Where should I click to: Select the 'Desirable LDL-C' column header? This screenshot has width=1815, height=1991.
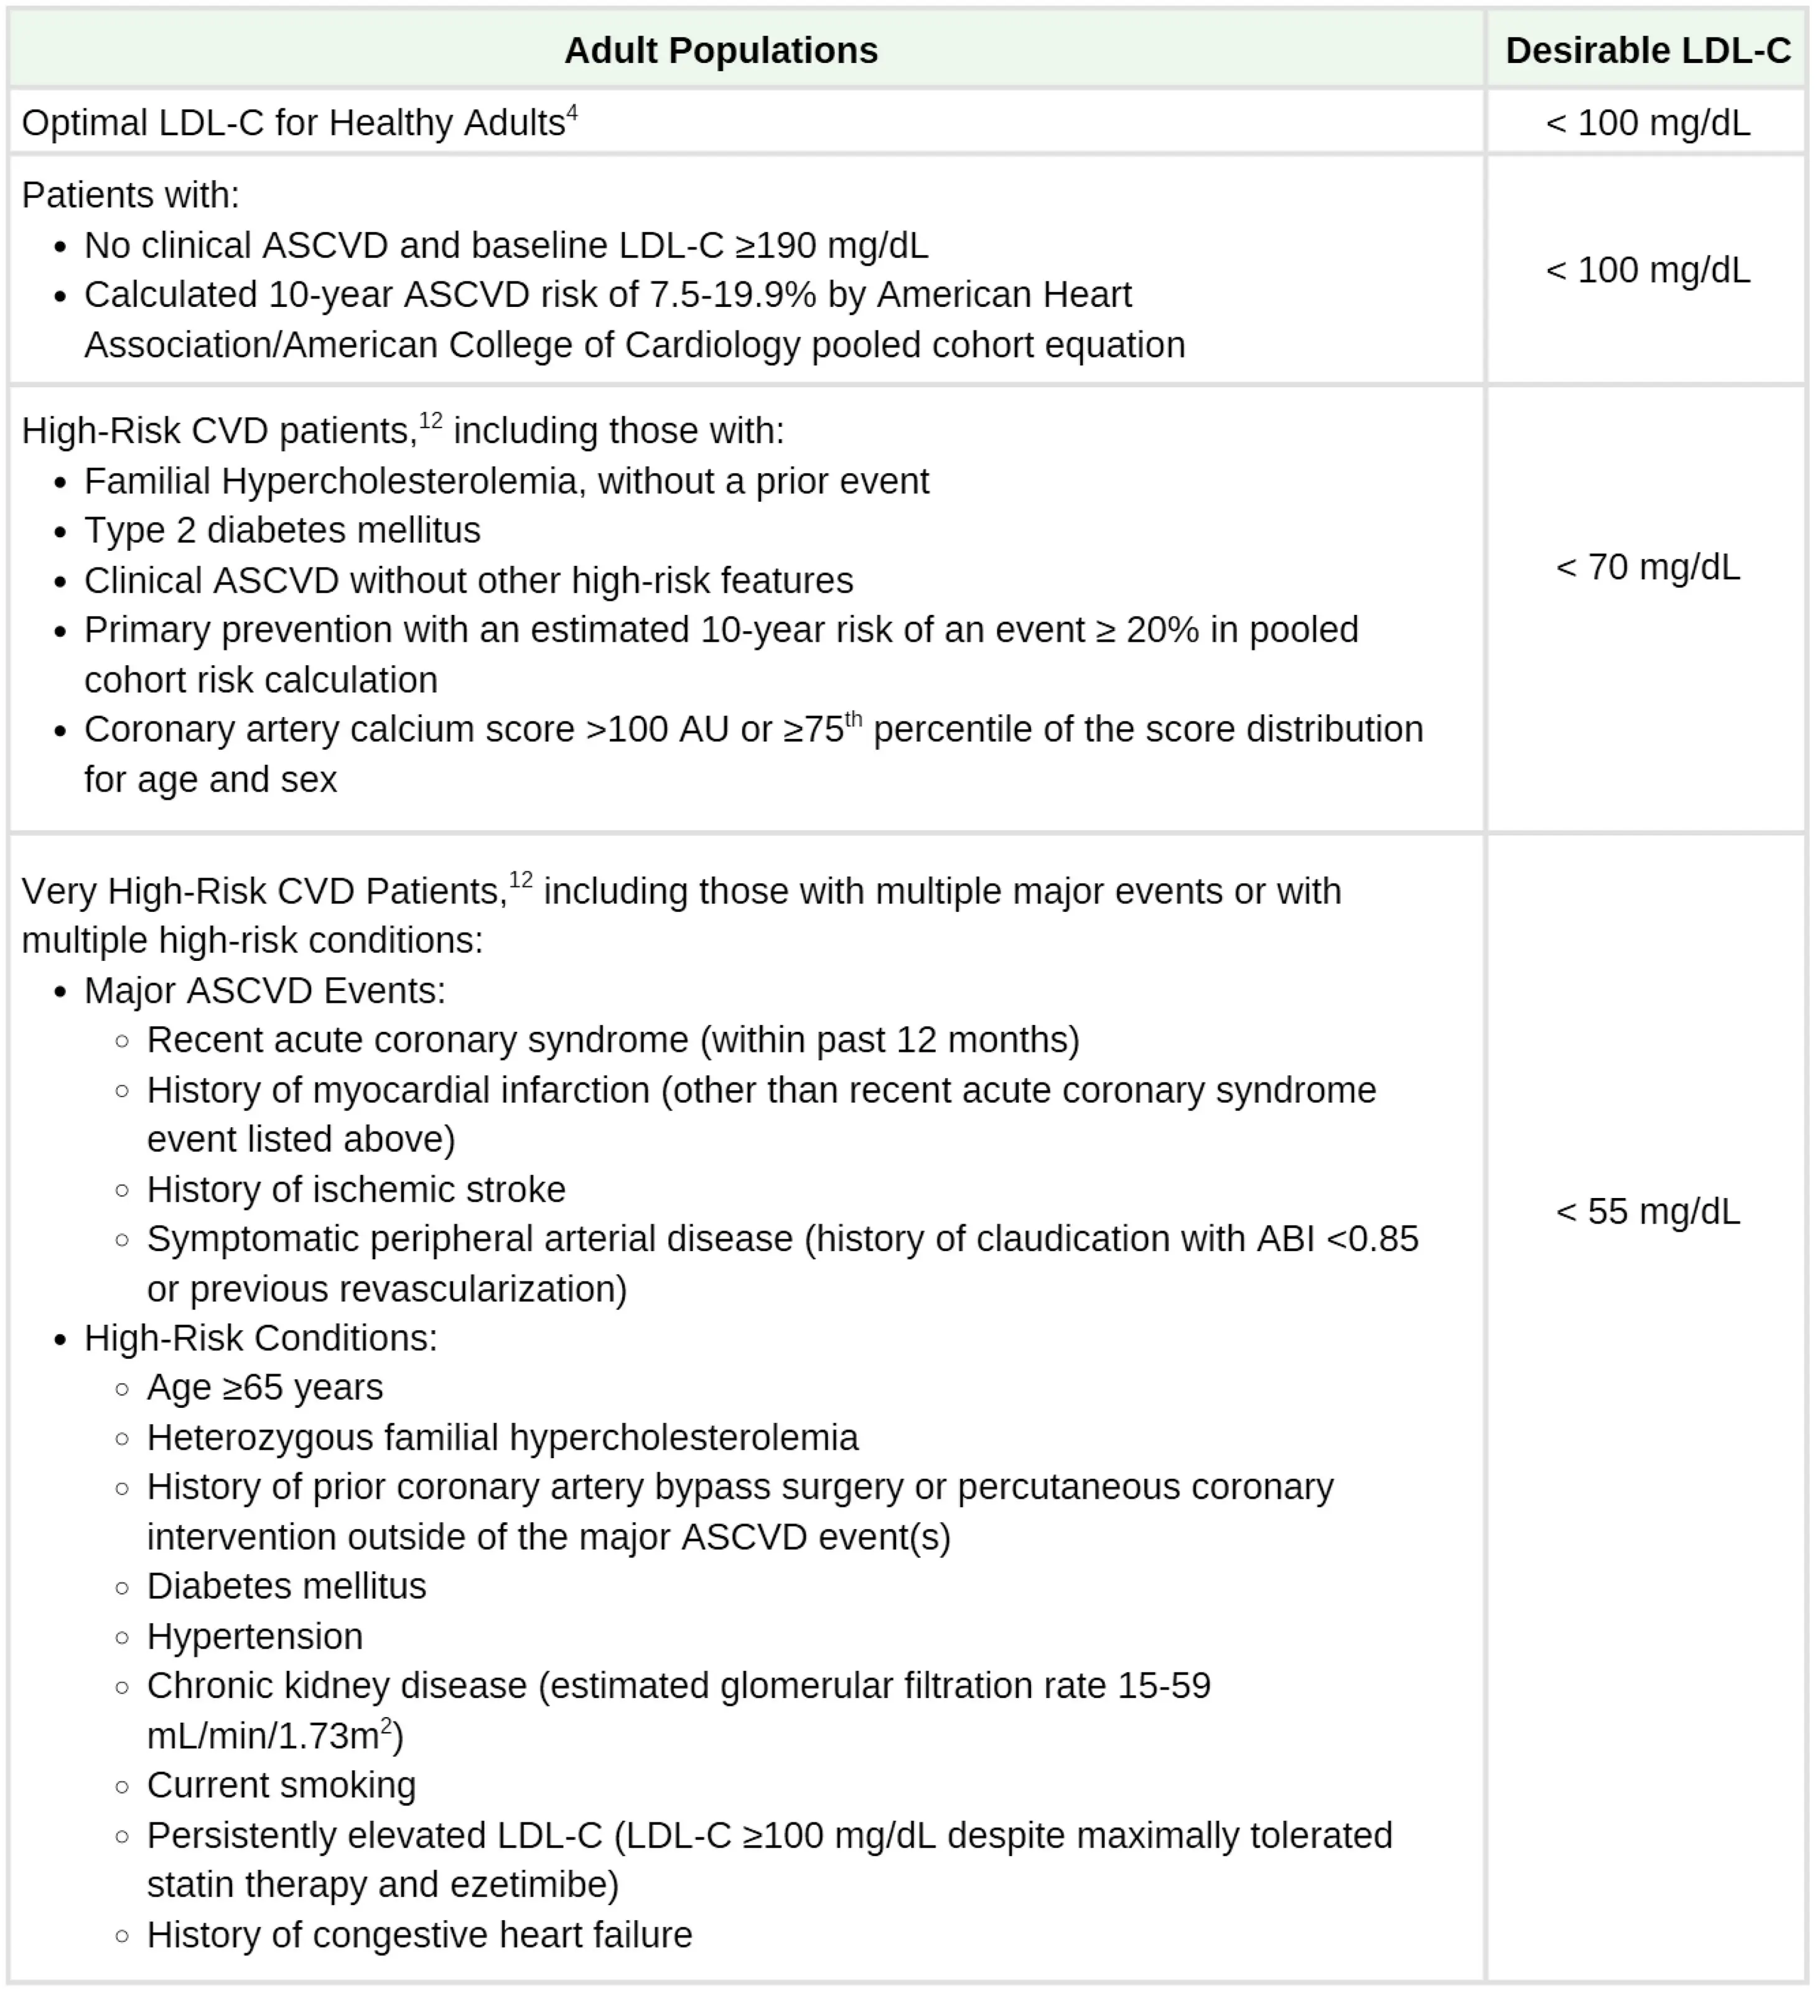1647,50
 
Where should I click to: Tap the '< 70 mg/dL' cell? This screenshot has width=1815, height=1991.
1647,567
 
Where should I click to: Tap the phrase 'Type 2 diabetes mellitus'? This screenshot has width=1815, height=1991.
281,530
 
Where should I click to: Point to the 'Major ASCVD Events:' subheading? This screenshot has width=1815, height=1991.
264,991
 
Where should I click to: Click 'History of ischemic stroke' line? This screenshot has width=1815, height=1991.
355,1189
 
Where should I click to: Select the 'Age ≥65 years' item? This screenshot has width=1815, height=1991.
264,1387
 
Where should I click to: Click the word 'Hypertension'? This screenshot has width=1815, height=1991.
254,1636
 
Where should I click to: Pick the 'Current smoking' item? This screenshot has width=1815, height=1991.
281,1786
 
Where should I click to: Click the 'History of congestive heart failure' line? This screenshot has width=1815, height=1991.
419,1935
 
